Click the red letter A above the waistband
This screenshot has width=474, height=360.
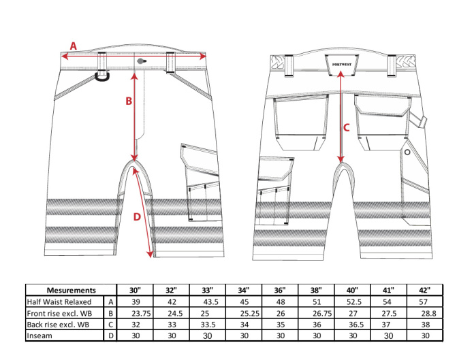coord(74,46)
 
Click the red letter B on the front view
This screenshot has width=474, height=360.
coord(129,101)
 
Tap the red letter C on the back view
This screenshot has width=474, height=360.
coord(347,128)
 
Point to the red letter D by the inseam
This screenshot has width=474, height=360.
coord(137,216)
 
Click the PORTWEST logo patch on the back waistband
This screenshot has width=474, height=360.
coord(342,65)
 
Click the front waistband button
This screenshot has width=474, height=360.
coord(141,61)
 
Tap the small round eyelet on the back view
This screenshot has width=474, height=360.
coord(407,152)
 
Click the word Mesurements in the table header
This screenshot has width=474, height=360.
coord(72,290)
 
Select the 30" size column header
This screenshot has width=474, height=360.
coord(135,290)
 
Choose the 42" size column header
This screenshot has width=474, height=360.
coord(425,290)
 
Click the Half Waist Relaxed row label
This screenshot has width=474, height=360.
coord(59,301)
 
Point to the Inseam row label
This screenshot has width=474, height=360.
coord(39,336)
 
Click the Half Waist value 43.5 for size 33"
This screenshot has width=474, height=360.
coord(210,302)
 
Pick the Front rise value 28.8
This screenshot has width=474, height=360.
coord(428,314)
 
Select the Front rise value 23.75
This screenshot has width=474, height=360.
coord(141,314)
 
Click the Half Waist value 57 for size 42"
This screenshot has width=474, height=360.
coord(423,302)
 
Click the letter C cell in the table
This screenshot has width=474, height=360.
coord(110,325)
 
